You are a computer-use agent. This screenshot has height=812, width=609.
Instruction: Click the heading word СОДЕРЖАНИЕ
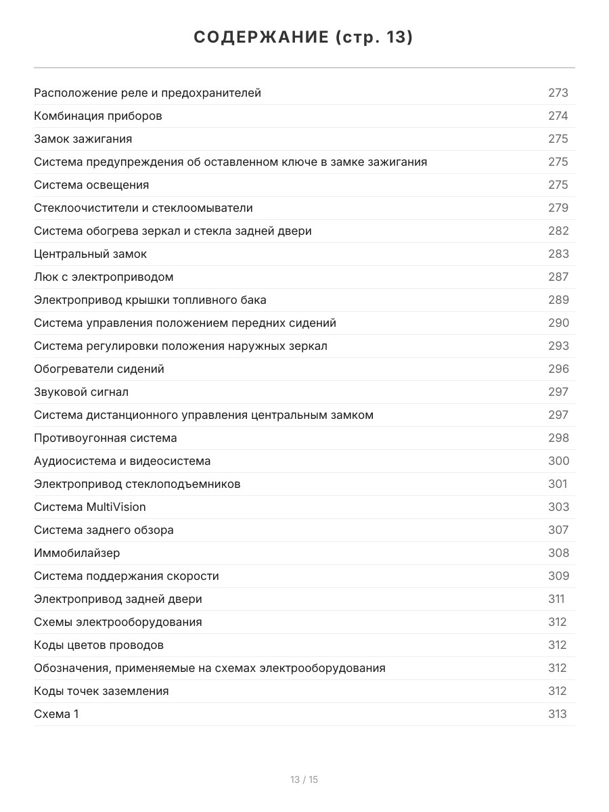[261, 38]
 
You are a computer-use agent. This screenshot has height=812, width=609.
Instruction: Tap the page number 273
[558, 93]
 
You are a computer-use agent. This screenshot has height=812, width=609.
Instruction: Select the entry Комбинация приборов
[98, 116]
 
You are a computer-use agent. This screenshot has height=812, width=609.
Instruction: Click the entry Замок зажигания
[83, 139]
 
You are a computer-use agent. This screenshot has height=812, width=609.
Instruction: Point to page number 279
[558, 208]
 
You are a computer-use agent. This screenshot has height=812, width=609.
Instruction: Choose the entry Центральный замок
[90, 254]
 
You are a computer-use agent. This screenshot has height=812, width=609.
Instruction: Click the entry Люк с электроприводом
[104, 277]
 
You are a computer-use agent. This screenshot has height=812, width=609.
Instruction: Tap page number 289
[558, 300]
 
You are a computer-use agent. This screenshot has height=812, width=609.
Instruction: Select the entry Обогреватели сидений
[99, 369]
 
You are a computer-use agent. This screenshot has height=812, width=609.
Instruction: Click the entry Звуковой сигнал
[81, 392]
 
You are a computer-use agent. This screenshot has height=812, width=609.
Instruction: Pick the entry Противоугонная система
[106, 438]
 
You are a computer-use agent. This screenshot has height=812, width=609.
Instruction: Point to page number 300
[558, 461]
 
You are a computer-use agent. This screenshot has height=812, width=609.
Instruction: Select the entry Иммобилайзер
[77, 553]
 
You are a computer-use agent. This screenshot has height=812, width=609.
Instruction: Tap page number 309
[558, 576]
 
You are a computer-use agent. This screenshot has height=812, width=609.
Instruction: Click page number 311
[556, 599]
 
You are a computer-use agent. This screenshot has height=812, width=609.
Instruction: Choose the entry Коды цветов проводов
[99, 645]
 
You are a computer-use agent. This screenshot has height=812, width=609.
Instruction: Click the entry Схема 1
[56, 714]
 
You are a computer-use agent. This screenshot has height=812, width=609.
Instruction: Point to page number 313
[558, 714]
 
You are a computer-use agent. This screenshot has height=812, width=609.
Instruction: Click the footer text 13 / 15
[304, 780]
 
